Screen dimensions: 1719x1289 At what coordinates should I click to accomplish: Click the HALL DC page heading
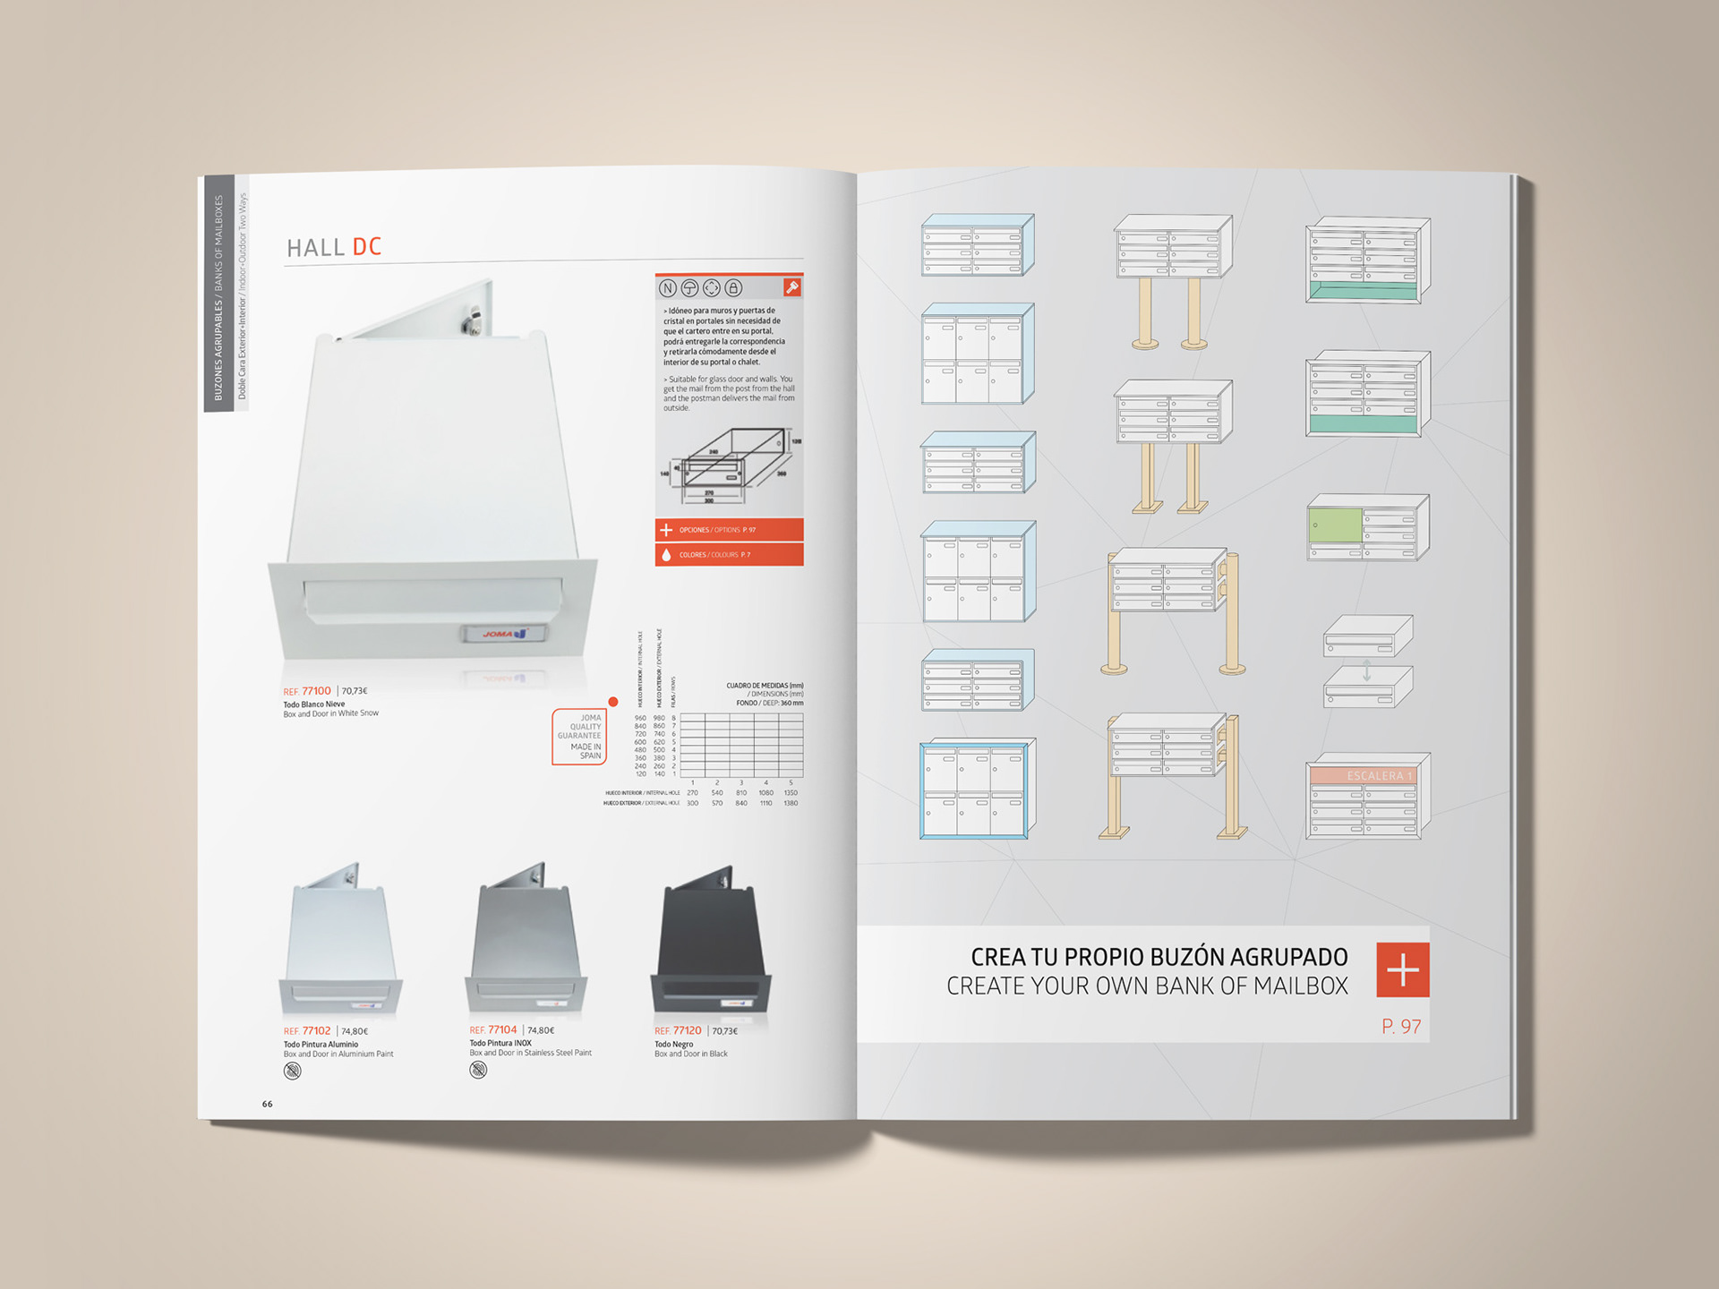334,247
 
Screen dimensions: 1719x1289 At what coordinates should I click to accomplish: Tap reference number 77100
316,691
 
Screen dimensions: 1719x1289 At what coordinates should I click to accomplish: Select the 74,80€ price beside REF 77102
355,1031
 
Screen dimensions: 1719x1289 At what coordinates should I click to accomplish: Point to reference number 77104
502,1030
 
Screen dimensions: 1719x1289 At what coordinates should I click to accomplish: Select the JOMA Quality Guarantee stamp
579,737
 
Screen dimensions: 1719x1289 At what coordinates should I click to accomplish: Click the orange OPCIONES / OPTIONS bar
729,530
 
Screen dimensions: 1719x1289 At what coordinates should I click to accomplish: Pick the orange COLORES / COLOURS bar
729,555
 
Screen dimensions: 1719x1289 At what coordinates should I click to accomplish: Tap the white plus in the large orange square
1402,969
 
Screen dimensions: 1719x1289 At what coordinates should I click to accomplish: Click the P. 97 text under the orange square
1401,1027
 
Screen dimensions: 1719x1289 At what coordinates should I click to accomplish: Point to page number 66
267,1104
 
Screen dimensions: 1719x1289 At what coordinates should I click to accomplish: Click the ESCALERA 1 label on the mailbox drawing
1378,776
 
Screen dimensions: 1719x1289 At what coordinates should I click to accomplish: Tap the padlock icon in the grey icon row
733,288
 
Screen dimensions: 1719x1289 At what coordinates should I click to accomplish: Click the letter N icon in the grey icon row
668,288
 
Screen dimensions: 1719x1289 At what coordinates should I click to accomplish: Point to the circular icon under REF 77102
293,1071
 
